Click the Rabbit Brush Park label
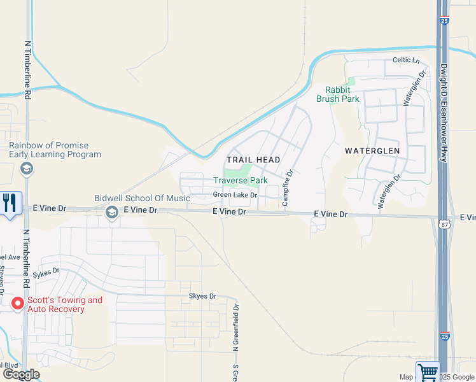(338, 94)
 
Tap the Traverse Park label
(240, 181)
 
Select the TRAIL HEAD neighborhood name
(254, 160)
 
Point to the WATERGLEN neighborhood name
(372, 151)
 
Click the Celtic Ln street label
(407, 60)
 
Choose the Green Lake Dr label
(235, 195)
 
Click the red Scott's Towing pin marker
(18, 304)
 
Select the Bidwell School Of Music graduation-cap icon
(112, 213)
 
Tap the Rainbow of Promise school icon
(27, 169)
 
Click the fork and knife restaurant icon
(10, 203)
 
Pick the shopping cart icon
(428, 371)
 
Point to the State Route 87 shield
(442, 223)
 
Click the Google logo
(21, 374)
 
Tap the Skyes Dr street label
(202, 297)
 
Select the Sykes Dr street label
(46, 271)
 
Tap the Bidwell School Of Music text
(142, 199)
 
